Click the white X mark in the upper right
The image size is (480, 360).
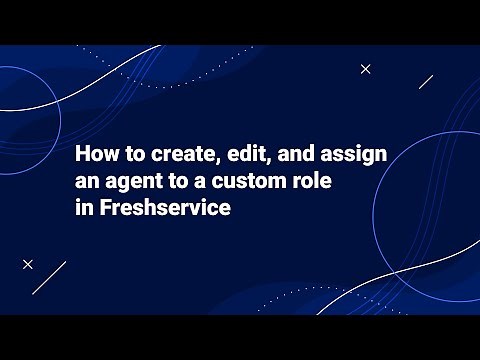[366, 69]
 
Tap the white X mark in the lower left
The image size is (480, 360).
[28, 264]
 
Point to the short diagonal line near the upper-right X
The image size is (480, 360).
[426, 81]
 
